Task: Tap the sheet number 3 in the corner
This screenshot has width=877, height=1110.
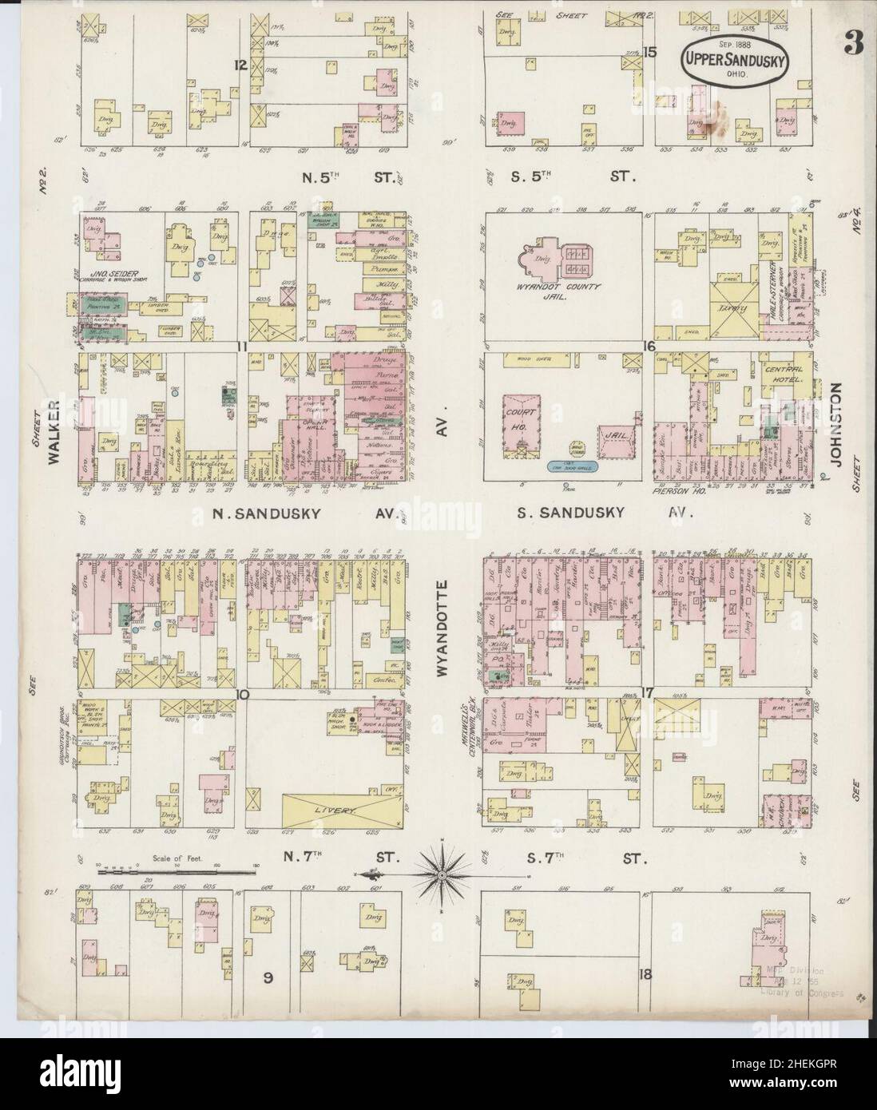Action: tap(853, 46)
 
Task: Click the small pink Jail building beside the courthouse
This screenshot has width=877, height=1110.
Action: tap(614, 438)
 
